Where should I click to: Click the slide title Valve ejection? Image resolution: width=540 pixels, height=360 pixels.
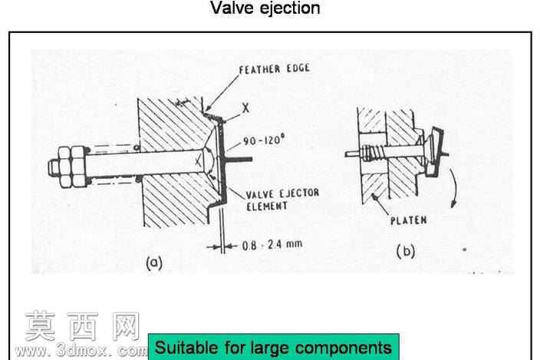(x=265, y=8)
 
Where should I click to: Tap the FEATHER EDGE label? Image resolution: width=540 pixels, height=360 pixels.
(x=275, y=69)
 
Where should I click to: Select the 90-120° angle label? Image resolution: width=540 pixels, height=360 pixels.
(x=264, y=140)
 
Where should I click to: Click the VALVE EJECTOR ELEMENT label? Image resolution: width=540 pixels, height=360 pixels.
(x=282, y=200)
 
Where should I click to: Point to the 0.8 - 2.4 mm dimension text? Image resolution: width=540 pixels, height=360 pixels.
(x=272, y=245)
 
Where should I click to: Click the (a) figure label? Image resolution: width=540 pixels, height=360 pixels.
(x=154, y=263)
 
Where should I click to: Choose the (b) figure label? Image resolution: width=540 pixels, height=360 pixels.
(x=406, y=251)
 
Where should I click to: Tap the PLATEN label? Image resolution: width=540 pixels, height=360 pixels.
(x=408, y=220)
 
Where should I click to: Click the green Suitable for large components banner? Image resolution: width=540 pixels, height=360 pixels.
(x=273, y=347)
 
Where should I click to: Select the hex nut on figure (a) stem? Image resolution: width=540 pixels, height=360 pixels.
(x=71, y=167)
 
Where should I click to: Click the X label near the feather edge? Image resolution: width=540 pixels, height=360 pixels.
(x=245, y=108)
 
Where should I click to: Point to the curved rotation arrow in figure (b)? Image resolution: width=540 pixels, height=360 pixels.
(x=454, y=188)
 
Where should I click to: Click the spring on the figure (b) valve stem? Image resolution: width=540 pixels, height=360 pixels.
(x=371, y=153)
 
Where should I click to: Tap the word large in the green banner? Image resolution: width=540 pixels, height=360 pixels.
(x=272, y=348)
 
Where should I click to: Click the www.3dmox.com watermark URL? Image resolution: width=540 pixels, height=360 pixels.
(x=81, y=350)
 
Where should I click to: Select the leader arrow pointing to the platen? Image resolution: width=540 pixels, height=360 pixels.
(x=380, y=204)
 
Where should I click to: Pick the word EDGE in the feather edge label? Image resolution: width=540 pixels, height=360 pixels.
(x=298, y=68)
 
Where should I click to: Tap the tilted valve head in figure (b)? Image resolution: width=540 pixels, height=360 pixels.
(x=435, y=152)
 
